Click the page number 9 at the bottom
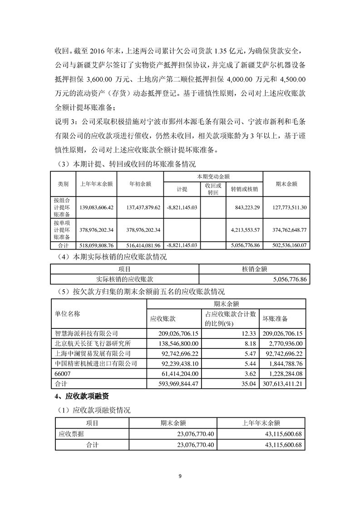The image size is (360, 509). (180, 476)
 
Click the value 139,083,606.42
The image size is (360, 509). (96, 207)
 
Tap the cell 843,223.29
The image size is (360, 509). (244, 207)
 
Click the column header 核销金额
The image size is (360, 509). (254, 269)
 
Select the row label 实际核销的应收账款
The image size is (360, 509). (124, 279)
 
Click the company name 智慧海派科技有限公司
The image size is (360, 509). (86, 333)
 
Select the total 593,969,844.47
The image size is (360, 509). (174, 384)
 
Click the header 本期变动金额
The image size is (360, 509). (213, 176)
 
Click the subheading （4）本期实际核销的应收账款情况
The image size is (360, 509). (110, 257)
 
